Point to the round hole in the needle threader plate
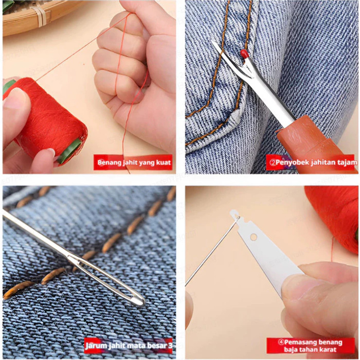253,237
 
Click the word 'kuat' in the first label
163,163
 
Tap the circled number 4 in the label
281,342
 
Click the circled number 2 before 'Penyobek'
273,162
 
